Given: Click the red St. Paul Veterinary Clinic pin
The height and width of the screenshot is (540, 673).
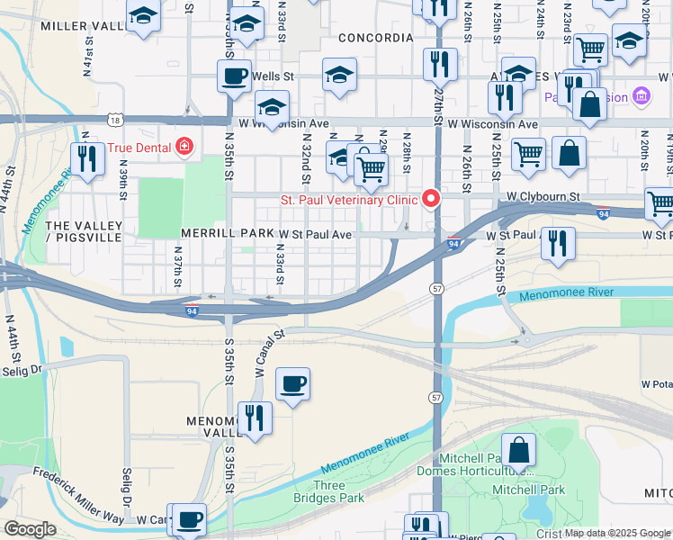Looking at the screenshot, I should tap(432, 199).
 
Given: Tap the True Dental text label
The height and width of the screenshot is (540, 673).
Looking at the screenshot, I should tap(139, 147).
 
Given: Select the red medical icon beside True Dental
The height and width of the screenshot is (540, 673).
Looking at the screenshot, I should tap(184, 146).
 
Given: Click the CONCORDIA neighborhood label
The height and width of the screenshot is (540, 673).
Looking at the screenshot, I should tap(376, 38).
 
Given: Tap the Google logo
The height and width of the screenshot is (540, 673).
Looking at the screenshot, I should tap(29, 529).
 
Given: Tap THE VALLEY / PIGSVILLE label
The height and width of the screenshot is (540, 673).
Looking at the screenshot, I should tap(82, 231).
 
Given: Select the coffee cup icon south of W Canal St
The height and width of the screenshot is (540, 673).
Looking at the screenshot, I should tap(292, 384).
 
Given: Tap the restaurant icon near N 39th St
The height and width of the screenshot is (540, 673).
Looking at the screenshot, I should tap(87, 157).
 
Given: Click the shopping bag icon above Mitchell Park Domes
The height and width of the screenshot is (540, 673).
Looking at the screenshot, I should tap(518, 449).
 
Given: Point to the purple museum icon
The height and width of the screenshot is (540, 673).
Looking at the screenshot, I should tap(641, 95).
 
